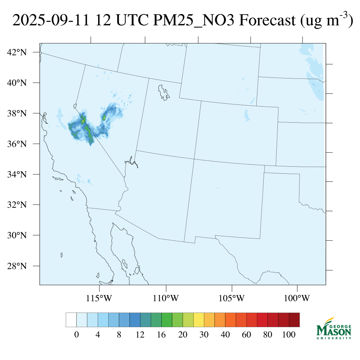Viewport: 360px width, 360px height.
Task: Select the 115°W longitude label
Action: [99, 299]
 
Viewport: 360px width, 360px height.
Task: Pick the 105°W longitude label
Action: [232, 299]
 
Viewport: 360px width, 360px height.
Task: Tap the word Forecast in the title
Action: [267, 21]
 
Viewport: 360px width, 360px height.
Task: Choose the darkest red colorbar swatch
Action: [294, 320]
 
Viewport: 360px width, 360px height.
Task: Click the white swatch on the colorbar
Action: [71, 320]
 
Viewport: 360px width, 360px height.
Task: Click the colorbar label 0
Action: [76, 335]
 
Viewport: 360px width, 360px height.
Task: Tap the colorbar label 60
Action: [246, 335]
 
